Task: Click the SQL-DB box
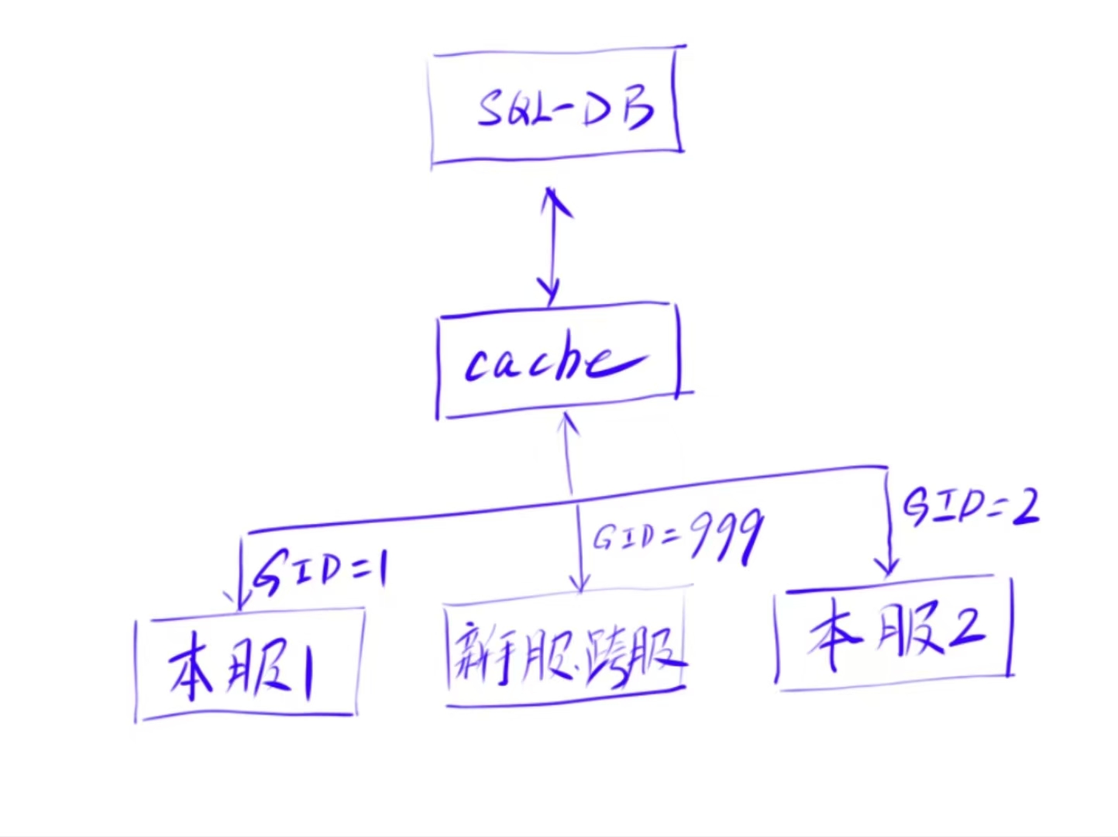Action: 556,106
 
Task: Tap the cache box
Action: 558,361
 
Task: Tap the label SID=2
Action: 970,508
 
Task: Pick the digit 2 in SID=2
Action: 1024,507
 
